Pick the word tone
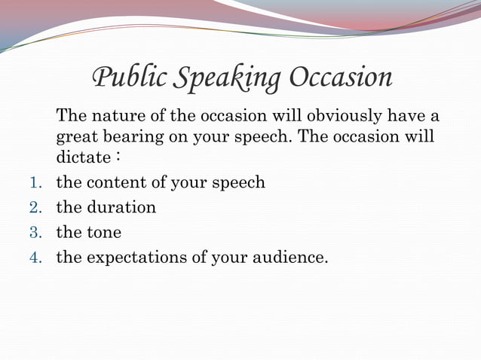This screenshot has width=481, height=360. pos(104,233)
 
